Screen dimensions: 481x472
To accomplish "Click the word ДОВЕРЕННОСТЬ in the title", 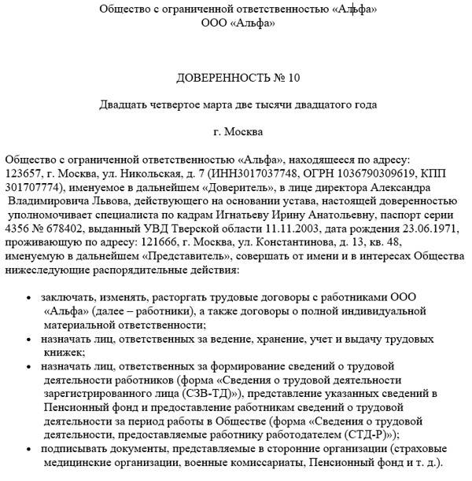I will [x=220, y=78].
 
